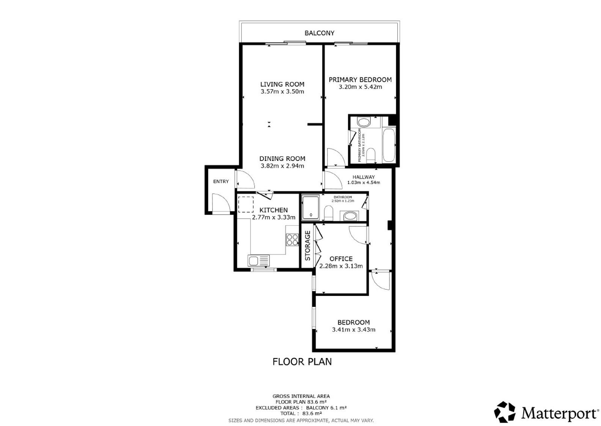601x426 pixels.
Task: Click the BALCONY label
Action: pyautogui.click(x=319, y=33)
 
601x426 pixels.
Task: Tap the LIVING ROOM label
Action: pyautogui.click(x=282, y=84)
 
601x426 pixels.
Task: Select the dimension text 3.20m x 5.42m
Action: pyautogui.click(x=360, y=87)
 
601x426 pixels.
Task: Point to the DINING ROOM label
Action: pyautogui.click(x=282, y=158)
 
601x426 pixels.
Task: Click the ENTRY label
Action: pyautogui.click(x=221, y=182)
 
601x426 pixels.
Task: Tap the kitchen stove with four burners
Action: pyautogui.click(x=292, y=240)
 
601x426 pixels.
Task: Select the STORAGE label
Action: pyautogui.click(x=308, y=246)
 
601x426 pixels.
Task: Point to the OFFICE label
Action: pyautogui.click(x=341, y=259)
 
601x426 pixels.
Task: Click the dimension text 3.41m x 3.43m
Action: pyautogui.click(x=353, y=330)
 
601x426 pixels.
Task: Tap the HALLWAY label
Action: pyautogui.click(x=364, y=177)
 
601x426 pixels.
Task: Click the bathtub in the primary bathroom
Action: pyautogui.click(x=389, y=145)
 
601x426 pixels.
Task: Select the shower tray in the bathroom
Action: pyautogui.click(x=311, y=208)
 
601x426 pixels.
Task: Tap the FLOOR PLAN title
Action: pyautogui.click(x=302, y=362)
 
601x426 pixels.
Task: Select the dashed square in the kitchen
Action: pyautogui.click(x=246, y=205)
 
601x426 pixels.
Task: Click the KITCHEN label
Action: pyautogui.click(x=273, y=210)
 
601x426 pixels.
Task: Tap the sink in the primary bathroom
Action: pyautogui.click(x=364, y=122)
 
